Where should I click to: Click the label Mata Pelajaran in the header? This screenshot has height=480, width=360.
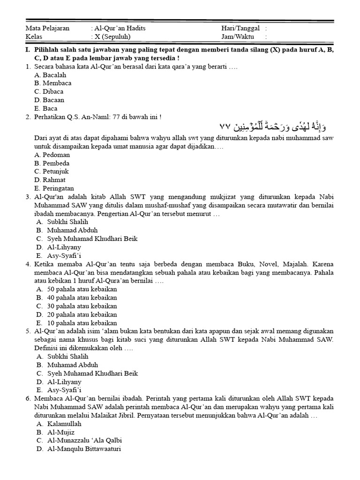pos(47,28)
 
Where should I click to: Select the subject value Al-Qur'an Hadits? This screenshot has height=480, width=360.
pos(120,28)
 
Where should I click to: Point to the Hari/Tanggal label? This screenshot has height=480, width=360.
pos(240,28)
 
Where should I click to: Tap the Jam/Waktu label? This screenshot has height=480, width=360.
pos(238,37)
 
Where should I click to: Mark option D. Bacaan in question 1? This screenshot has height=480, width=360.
pos(49,100)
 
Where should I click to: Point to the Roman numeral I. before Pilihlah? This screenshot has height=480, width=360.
pos(29,50)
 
